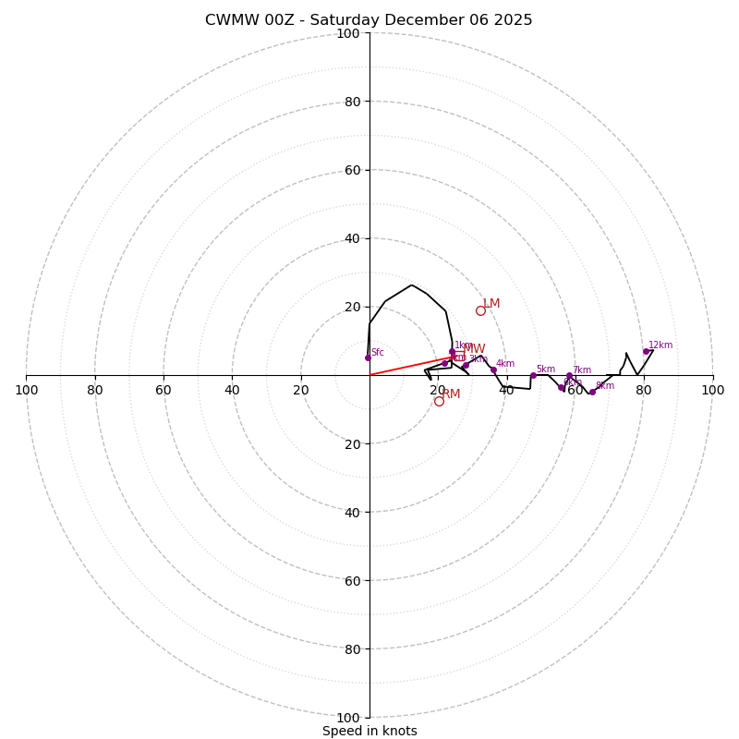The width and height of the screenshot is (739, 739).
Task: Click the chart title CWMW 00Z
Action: tap(369, 20)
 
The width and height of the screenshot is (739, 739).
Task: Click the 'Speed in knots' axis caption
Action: tap(369, 731)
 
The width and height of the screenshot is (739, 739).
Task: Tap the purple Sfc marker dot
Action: tap(368, 357)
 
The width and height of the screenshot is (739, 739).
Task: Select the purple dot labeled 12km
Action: tap(646, 351)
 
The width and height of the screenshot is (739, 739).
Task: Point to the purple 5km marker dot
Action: tap(533, 375)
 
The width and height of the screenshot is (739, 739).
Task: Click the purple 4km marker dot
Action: tap(493, 369)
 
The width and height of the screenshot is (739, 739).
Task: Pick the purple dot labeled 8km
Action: tap(592, 392)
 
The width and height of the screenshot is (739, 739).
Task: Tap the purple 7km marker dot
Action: tap(569, 375)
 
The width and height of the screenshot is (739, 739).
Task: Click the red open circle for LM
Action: tap(480, 310)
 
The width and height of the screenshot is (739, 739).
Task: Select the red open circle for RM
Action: tap(439, 401)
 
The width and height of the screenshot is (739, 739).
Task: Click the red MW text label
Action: tap(475, 349)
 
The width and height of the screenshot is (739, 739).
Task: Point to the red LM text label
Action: tap(491, 304)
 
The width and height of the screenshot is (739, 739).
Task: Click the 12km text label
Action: tap(660, 345)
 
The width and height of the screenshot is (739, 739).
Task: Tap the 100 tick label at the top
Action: tap(347, 33)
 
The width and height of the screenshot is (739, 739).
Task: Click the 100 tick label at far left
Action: tap(26, 390)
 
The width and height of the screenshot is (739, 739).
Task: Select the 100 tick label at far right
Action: tap(712, 390)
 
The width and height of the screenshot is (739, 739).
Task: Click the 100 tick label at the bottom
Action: tap(347, 718)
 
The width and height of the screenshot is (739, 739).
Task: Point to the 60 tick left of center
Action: tap(164, 390)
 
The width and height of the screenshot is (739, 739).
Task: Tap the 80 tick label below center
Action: tap(351, 649)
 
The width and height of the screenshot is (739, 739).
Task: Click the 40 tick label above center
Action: tap(351, 238)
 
